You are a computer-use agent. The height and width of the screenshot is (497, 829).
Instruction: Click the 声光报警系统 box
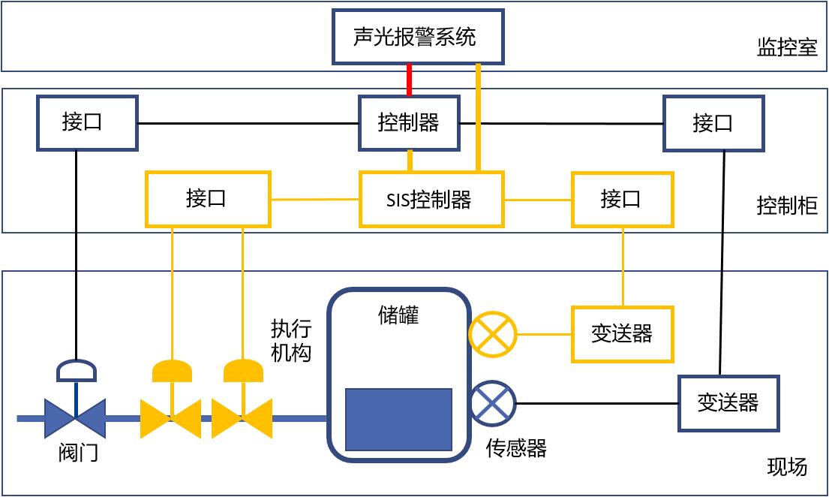[418, 37]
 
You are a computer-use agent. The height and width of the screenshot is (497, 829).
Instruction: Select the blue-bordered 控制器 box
[409, 123]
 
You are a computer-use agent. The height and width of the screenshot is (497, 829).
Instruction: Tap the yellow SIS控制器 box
[431, 200]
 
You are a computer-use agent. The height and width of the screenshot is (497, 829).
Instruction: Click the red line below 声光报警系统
[409, 80]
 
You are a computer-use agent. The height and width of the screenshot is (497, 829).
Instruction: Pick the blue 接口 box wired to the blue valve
[87, 123]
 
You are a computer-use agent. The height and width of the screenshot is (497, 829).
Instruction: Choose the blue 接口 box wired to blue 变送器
[713, 123]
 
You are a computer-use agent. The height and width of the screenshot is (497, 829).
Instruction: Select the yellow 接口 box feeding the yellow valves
[208, 200]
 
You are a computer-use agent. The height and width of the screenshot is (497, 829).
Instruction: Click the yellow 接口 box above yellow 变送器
[623, 200]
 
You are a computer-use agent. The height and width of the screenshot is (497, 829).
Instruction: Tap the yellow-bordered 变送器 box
[623, 334]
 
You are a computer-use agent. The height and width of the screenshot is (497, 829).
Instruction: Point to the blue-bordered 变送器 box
[728, 403]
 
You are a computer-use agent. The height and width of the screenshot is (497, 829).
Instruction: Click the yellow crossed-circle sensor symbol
[493, 334]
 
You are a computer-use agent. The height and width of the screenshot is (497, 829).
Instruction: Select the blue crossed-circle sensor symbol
[493, 403]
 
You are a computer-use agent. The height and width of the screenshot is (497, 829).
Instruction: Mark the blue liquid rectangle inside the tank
[398, 419]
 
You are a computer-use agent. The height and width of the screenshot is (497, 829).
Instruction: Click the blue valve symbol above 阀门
[75, 417]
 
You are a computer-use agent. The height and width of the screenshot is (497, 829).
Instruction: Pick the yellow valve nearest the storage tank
[242, 417]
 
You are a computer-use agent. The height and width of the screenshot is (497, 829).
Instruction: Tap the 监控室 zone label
[786, 48]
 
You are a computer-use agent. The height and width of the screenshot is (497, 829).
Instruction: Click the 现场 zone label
[787, 467]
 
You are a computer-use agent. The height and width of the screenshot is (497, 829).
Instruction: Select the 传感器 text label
[516, 448]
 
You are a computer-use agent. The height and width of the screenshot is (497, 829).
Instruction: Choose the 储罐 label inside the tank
[398, 315]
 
